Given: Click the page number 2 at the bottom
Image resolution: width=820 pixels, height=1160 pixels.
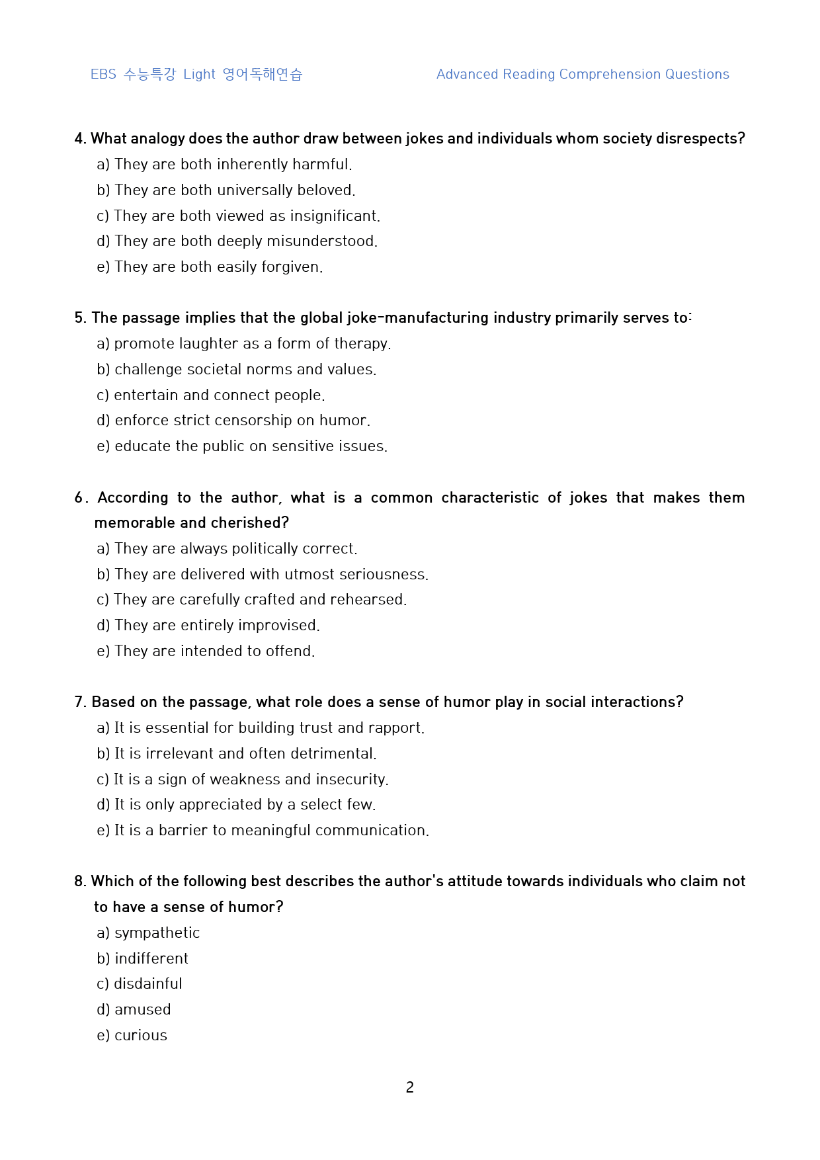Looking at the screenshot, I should coord(410,1087).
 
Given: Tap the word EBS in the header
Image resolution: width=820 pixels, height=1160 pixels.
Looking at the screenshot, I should coord(103,75).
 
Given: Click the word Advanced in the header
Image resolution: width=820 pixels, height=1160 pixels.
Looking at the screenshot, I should coord(467,75).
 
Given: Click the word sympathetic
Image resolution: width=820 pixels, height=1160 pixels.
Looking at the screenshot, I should coord(157,933).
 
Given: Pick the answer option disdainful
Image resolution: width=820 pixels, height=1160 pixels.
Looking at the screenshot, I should coord(147,984).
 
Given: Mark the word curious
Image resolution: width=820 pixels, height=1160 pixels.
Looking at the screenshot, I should coord(141,1036).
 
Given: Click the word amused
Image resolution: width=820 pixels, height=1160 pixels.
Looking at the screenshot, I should coord(143,1010).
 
